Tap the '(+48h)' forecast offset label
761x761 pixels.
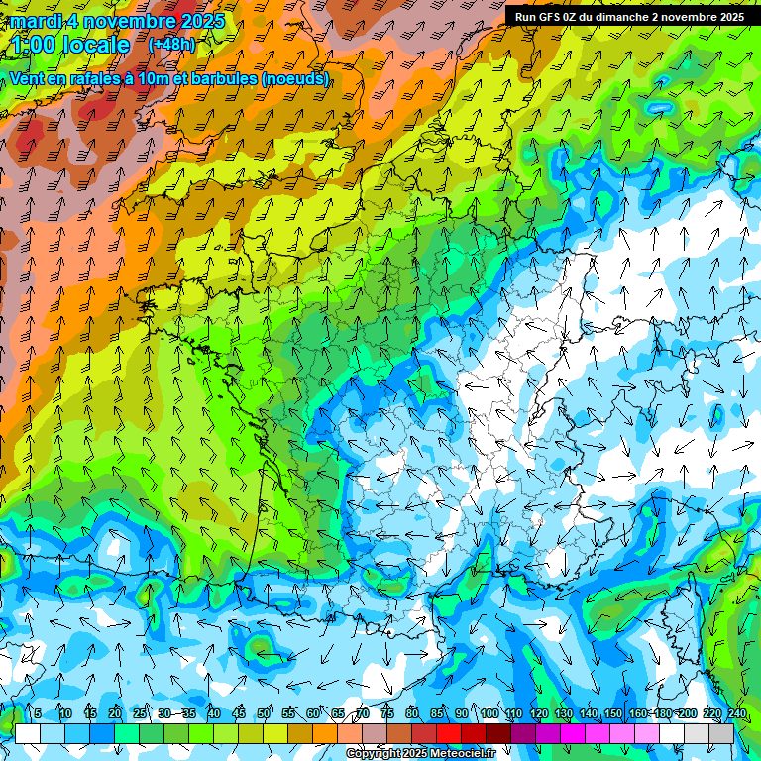pos(171,45)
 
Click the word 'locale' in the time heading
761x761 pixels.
pos(95,45)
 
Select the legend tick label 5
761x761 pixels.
pos(38,714)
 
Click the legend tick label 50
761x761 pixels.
pos(264,714)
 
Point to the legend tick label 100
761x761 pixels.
pos(489,714)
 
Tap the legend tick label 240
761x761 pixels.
pos(736,714)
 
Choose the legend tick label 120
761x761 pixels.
pos(538,714)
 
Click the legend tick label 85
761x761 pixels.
pos(437,714)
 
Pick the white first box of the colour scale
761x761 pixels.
pos(28,733)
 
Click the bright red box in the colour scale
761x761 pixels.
pos(449,733)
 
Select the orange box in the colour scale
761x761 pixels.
pos(325,733)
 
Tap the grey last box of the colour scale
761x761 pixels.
pos(721,733)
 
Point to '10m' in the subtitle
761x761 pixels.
pos(152,78)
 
